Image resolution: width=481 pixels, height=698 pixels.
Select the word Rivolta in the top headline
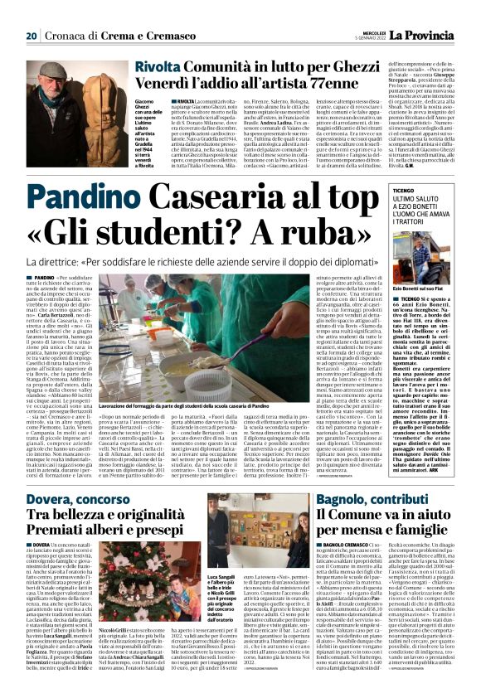pos(158,67)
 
